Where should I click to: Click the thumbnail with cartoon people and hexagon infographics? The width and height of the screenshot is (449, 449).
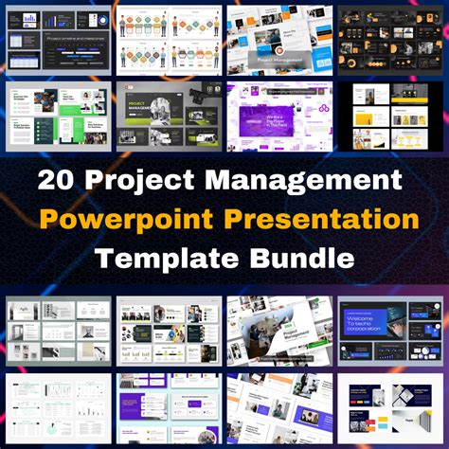click(x=168, y=41)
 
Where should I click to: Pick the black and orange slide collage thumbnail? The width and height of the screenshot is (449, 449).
click(x=390, y=41)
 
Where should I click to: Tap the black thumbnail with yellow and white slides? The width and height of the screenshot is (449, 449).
click(x=390, y=117)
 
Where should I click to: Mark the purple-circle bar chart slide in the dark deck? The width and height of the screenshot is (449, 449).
click(x=28, y=20)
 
